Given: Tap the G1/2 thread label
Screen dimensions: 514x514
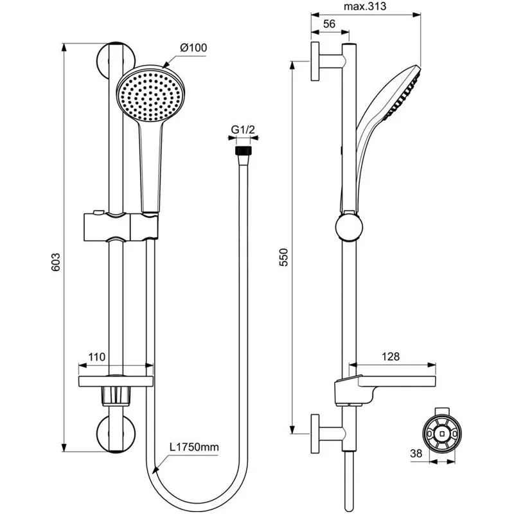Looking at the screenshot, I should (244, 131).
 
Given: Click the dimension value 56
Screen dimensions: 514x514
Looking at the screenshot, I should (330, 24).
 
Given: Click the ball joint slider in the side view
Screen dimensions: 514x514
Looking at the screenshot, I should (348, 227).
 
